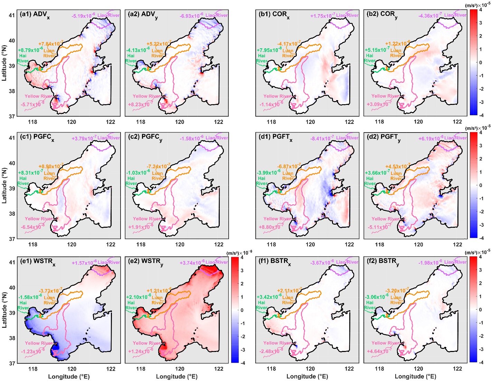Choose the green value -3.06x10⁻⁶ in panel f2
(x=377, y=297)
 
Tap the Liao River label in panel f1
(x=348, y=262)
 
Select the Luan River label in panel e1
(x=49, y=300)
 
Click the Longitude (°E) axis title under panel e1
(x=69, y=376)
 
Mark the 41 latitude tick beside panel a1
(x=12, y=15)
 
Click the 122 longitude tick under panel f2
(x=457, y=369)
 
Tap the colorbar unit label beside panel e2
(x=237, y=253)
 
